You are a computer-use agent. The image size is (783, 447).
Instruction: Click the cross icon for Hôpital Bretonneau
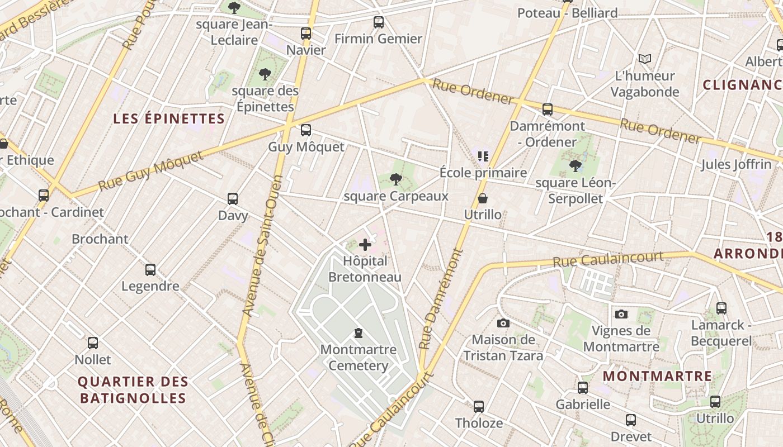click(365, 244)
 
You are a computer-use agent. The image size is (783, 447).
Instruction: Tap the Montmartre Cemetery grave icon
click(358, 333)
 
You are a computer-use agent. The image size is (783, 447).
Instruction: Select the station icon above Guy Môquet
click(306, 130)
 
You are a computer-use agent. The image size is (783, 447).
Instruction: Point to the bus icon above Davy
click(233, 198)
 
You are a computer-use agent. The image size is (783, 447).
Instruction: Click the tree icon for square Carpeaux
click(396, 179)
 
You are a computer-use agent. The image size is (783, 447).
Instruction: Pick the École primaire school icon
click(483, 156)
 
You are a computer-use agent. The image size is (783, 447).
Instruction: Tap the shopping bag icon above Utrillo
click(482, 198)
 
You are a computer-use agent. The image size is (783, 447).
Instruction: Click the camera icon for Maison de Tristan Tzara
click(503, 323)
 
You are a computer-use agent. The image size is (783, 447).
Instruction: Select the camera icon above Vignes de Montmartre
click(621, 314)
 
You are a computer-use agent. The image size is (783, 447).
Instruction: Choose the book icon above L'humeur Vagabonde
click(645, 59)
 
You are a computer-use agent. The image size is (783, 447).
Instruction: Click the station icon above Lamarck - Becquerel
click(721, 308)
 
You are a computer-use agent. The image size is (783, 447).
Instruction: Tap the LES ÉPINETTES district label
click(169, 118)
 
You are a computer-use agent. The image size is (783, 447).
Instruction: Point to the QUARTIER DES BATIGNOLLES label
click(133, 390)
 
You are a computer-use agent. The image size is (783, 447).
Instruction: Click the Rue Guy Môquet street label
click(151, 170)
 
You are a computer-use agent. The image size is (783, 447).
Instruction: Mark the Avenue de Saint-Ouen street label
click(261, 246)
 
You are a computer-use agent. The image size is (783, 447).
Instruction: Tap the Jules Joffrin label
click(736, 164)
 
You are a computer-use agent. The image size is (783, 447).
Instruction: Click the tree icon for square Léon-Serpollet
click(576, 165)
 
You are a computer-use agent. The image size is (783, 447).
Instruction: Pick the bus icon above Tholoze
click(479, 406)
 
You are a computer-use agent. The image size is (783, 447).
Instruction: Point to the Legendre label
click(150, 286)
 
